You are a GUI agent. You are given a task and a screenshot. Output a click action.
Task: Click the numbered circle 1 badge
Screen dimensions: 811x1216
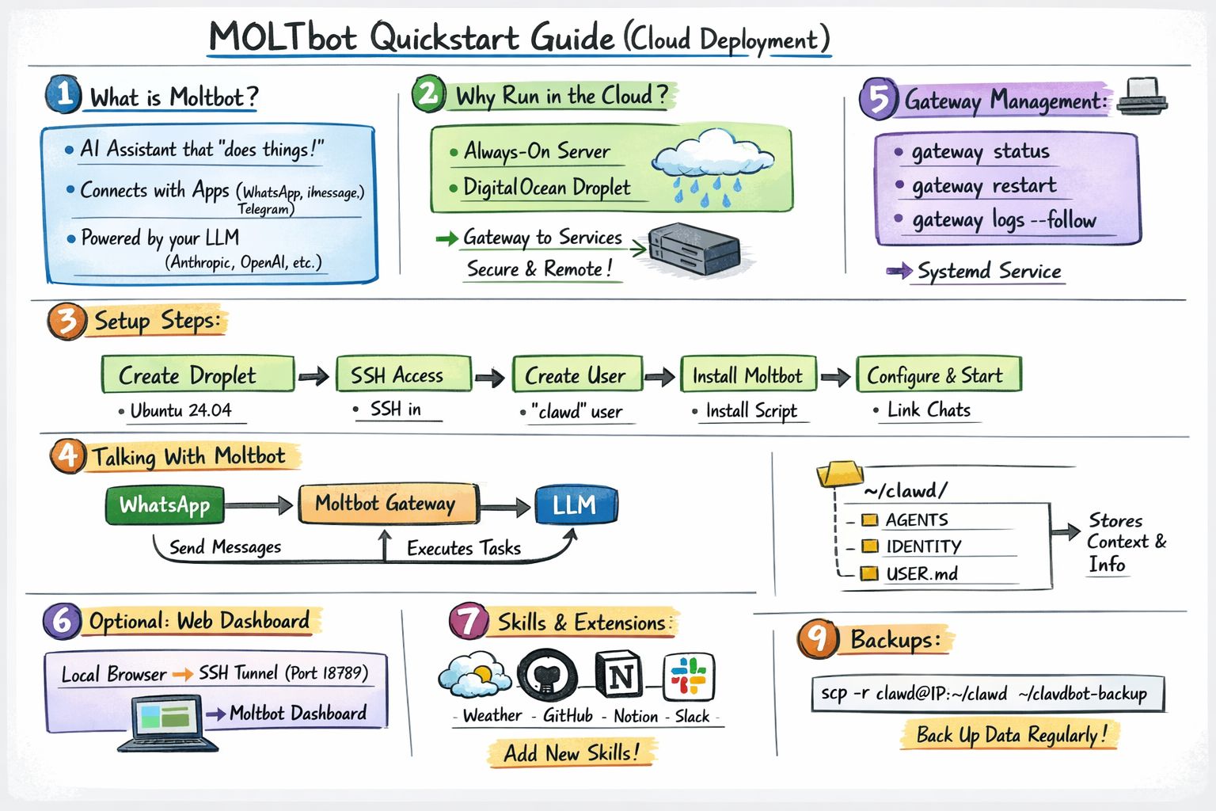click(63, 94)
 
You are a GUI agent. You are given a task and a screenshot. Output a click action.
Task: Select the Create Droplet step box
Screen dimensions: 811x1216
click(197, 375)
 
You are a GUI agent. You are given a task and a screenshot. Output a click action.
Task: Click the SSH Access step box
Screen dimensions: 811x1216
click(403, 375)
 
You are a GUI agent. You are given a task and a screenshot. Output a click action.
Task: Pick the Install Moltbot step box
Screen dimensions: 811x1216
click(748, 375)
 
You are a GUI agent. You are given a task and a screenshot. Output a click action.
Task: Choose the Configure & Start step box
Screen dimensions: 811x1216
click(938, 375)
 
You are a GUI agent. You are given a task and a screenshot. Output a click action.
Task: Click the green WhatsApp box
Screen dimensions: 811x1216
click(165, 505)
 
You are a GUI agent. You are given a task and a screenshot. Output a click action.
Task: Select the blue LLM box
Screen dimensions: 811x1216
click(576, 505)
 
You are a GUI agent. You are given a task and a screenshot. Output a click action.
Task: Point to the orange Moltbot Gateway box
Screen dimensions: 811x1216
click(387, 504)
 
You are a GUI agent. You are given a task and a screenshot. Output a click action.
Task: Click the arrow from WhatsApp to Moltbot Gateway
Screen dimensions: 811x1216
click(260, 505)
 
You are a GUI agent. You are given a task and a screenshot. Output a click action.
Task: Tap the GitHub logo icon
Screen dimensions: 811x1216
click(547, 676)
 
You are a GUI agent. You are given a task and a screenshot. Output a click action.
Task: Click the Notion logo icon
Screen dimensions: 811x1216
click(620, 676)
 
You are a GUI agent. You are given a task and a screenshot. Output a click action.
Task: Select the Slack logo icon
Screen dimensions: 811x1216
click(688, 676)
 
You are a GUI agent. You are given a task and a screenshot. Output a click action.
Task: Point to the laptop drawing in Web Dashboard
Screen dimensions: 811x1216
click(167, 722)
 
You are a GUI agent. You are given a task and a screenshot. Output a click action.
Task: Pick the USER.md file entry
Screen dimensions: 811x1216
click(921, 573)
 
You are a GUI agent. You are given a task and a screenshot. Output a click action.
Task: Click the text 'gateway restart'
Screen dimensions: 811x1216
click(983, 186)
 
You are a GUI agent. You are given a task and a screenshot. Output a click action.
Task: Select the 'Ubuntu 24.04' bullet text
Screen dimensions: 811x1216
click(180, 410)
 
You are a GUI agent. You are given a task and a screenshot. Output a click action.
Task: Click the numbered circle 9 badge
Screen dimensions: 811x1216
click(817, 639)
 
